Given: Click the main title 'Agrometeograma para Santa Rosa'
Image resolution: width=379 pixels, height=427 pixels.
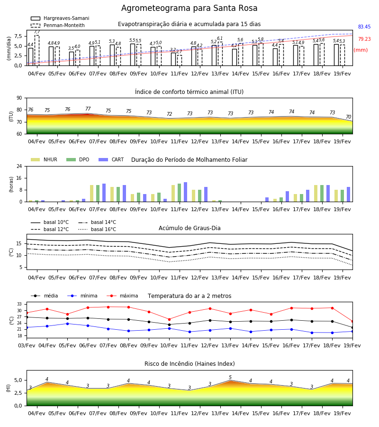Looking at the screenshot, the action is [x=189, y=8].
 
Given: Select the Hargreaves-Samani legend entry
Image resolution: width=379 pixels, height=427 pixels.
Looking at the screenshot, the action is [x=60, y=18].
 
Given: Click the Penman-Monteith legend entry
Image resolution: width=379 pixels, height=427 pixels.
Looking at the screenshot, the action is [x=58, y=25].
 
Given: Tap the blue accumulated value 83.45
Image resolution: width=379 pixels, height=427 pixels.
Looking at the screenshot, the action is [x=364, y=27].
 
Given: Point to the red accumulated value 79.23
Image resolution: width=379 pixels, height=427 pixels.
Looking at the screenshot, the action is [x=364, y=39].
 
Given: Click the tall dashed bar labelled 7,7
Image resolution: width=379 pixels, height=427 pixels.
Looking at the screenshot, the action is [x=37, y=50].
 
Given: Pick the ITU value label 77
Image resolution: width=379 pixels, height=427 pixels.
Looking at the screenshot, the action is [x=88, y=109].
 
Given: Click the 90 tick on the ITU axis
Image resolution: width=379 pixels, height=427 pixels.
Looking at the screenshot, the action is [x=19, y=98].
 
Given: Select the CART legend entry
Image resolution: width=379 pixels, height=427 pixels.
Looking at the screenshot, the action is [x=111, y=159].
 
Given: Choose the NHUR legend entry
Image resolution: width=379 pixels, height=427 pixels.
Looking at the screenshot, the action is [x=44, y=159].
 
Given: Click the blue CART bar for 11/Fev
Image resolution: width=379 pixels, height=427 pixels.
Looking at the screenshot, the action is [x=185, y=192].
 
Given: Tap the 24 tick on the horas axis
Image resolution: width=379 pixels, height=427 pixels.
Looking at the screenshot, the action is [x=19, y=166].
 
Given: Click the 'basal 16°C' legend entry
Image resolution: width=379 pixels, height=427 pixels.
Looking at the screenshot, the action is [x=97, y=229].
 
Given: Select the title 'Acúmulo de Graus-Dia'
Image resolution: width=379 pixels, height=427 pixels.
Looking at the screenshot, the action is [x=189, y=228].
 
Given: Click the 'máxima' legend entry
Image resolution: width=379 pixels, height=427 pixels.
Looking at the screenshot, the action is [x=122, y=296].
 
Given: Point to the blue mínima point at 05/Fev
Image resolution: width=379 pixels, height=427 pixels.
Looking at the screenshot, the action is [x=67, y=324].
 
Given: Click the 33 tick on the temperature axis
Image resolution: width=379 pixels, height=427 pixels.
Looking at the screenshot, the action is [x=19, y=304].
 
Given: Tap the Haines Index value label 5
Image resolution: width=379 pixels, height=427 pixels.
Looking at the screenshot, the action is [x=230, y=377].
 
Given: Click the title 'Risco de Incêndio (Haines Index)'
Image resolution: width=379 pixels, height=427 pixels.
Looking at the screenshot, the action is [x=189, y=364].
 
